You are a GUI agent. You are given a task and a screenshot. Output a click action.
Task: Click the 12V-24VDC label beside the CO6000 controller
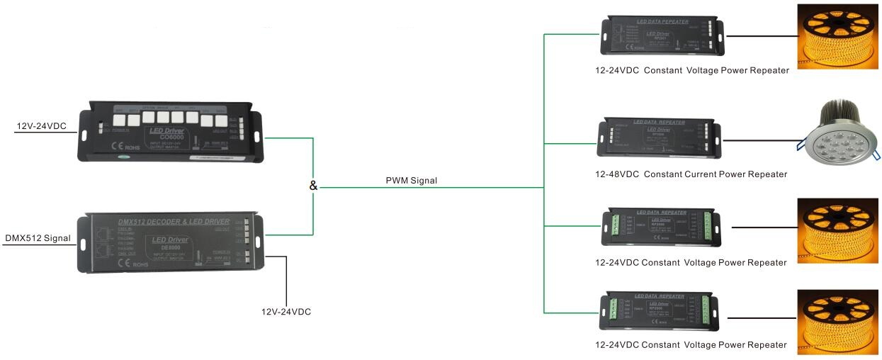(41, 126)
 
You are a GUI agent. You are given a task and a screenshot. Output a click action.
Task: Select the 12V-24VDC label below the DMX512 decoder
(286, 312)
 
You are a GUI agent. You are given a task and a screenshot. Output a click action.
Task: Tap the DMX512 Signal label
(38, 238)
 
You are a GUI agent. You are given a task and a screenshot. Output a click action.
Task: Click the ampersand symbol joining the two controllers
(313, 186)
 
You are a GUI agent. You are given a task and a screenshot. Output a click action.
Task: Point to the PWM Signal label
(411, 181)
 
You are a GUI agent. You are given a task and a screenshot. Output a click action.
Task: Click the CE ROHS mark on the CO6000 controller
(119, 147)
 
